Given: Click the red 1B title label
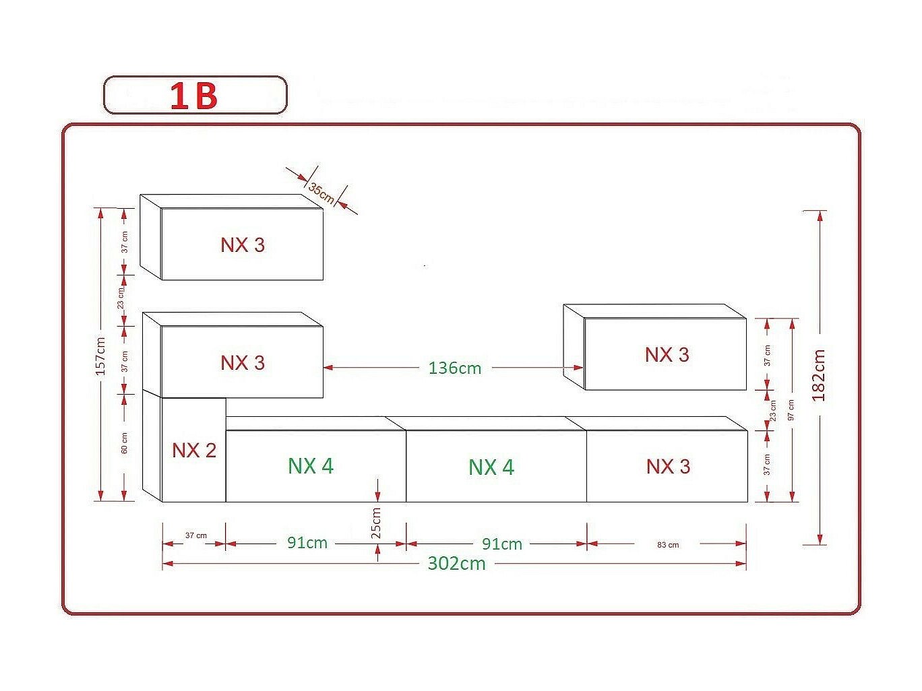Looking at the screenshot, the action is (x=194, y=96).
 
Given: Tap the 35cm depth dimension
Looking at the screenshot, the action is (x=321, y=193).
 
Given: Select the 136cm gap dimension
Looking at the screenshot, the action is (x=455, y=368).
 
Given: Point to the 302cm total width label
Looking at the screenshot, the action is (x=456, y=564).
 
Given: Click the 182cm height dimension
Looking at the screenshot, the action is (x=819, y=376).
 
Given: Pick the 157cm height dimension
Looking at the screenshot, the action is (x=100, y=356).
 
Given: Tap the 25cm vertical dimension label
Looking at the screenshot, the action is (x=377, y=523).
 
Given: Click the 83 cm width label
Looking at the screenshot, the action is (x=668, y=545).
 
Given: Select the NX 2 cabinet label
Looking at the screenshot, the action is (x=194, y=451).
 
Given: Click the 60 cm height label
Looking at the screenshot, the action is (x=125, y=443).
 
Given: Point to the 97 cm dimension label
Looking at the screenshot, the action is (x=791, y=410).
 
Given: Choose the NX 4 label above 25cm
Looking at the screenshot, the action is (x=311, y=466).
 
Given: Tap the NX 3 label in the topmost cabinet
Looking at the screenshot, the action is (x=243, y=245).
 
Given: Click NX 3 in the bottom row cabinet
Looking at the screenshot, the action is (x=668, y=467).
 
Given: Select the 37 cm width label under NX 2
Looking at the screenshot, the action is (x=196, y=536).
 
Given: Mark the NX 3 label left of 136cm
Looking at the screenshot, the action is (x=243, y=363).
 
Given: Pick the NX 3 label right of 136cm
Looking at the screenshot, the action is (x=667, y=355).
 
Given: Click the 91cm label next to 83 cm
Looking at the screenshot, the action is (x=501, y=544).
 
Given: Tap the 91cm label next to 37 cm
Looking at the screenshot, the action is (x=307, y=543).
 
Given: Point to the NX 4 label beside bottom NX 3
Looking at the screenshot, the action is (x=491, y=467).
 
